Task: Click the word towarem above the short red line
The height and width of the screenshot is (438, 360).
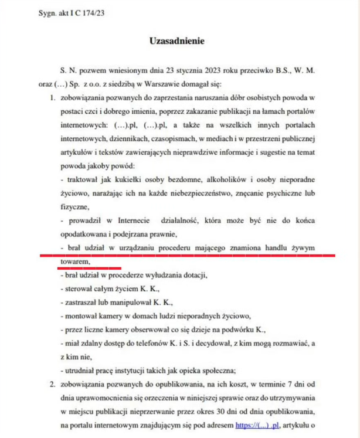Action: tap(74, 262)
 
